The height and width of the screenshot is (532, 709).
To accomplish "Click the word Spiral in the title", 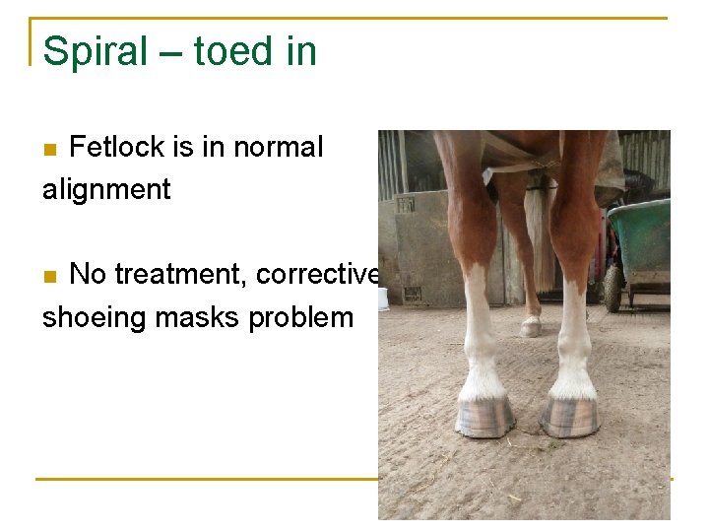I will [x=94, y=51].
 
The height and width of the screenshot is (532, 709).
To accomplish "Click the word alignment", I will [x=106, y=188].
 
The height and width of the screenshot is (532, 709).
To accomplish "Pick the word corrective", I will [x=318, y=274].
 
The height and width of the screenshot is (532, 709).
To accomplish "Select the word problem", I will [x=301, y=317].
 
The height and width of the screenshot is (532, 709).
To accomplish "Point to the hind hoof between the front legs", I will [x=531, y=326].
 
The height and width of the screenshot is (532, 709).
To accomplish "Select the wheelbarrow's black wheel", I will [x=612, y=289].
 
